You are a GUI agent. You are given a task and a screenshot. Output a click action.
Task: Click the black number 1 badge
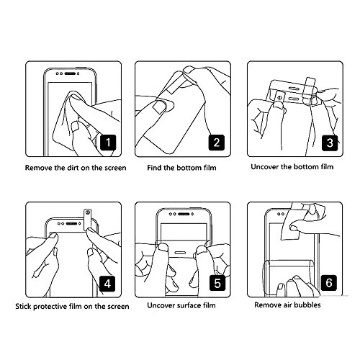tap(108, 143)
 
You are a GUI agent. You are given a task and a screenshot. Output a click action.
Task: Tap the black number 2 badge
tap(217, 143)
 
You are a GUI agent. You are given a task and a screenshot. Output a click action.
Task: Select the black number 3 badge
tap(330, 143)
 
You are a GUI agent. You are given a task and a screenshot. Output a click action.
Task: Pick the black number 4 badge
tap(107, 284)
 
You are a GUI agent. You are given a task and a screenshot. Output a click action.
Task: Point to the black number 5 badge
tap(217, 283)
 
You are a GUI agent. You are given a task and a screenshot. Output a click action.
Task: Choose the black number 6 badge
tap(329, 282)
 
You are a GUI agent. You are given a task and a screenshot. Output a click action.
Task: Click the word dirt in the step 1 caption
tap(73, 168)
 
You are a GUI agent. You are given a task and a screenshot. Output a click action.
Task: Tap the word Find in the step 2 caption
tap(154, 168)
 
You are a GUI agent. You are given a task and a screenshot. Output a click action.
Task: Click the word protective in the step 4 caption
tap(49, 307)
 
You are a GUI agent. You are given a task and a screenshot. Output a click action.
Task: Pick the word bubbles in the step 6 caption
tap(307, 305)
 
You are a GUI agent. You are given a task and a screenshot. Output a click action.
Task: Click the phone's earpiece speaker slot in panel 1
tap(71, 73)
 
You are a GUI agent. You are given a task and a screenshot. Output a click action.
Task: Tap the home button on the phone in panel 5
tap(180, 253)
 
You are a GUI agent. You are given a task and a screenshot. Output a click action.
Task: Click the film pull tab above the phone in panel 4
tap(87, 219)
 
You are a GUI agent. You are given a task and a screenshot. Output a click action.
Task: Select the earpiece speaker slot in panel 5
tap(184, 214)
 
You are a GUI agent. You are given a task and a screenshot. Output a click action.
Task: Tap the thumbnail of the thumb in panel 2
tap(158, 107)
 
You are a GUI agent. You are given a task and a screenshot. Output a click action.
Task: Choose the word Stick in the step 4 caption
tap(23, 307)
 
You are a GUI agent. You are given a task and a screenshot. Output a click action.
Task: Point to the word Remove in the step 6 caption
tap(266, 305)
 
